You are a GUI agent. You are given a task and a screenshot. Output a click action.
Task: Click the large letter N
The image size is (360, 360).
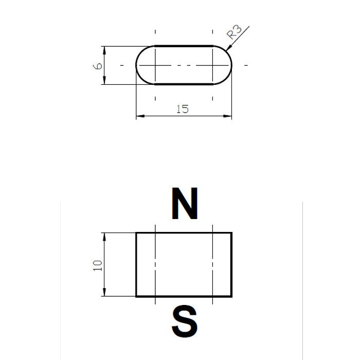tap(184, 204)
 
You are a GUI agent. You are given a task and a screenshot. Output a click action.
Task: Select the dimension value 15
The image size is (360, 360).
tap(182, 109)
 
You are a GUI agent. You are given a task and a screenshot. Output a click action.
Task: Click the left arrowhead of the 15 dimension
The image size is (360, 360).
tap(139, 116)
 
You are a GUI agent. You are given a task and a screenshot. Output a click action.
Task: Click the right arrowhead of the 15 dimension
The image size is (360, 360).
tap(229, 116)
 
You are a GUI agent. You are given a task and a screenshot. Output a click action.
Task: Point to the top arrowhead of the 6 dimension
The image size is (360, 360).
tap(104, 49)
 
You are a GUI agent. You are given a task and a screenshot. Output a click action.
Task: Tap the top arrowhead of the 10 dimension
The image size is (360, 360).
tap(104, 236)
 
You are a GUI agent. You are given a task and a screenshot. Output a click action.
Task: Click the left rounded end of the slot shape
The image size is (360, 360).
tap(137, 65)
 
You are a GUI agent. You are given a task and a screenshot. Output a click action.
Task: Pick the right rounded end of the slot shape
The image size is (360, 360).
tap(231, 65)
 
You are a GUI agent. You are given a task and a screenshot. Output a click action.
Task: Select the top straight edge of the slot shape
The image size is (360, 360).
tap(184, 46)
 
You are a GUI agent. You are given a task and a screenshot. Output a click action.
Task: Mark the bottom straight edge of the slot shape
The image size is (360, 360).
tap(184, 84)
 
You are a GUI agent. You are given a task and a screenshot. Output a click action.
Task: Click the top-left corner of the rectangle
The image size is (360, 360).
tap(136, 233)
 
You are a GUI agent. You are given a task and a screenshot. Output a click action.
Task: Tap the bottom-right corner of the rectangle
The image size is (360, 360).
tap(231, 296)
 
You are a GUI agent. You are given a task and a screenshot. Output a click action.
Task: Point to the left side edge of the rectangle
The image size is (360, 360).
tap(136, 265)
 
